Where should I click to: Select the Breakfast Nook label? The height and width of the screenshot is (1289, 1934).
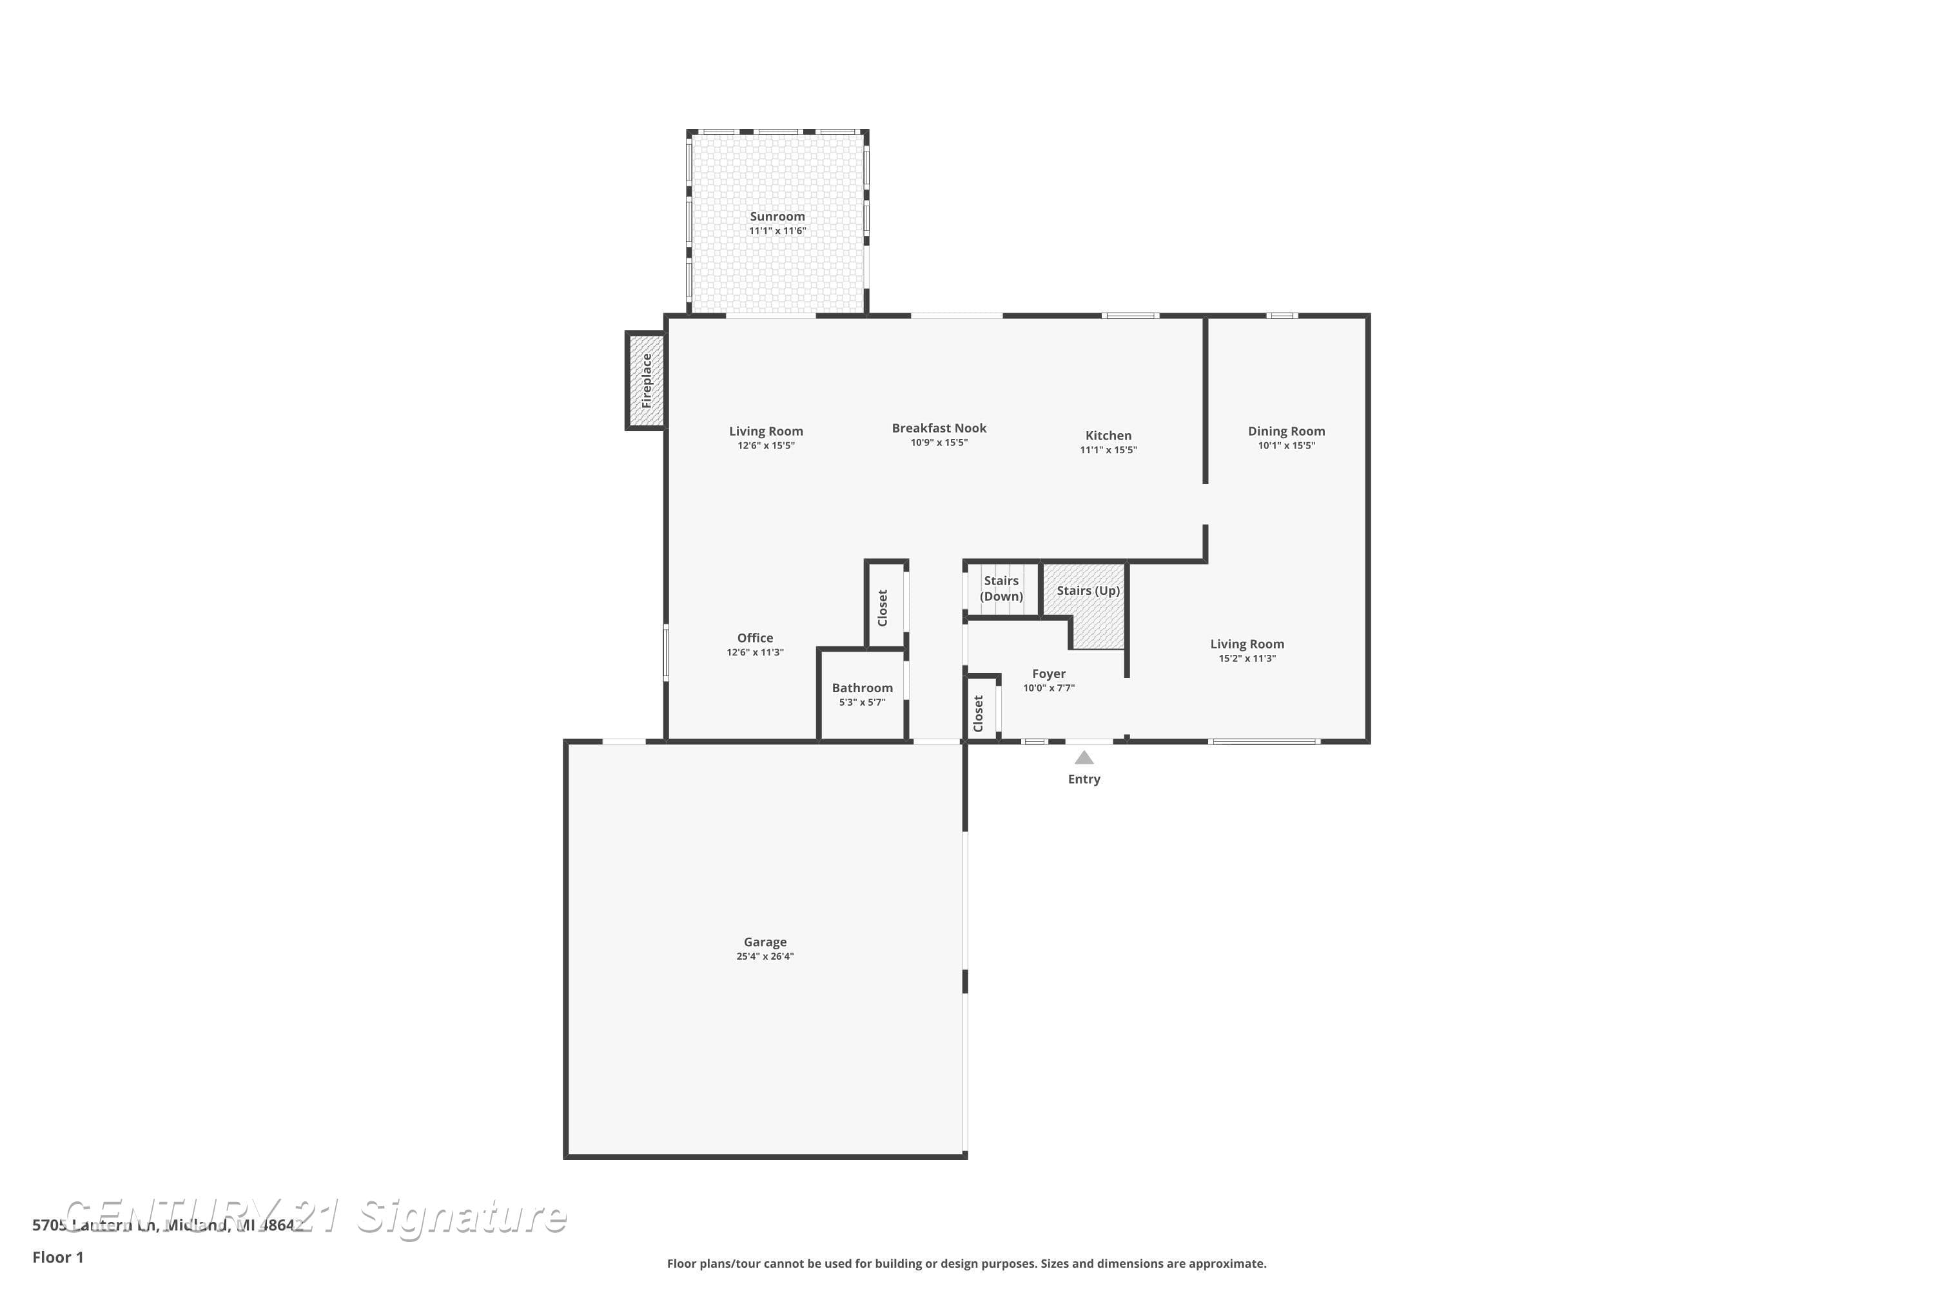(x=939, y=429)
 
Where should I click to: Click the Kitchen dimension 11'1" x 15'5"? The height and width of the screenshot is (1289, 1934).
(x=1108, y=450)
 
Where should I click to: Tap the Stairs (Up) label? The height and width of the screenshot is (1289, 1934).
(x=1088, y=591)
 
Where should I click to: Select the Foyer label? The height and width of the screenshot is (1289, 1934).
(x=1048, y=674)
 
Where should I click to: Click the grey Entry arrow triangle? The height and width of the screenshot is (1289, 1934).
(x=1084, y=758)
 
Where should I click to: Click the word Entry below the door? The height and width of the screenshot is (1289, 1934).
(x=1084, y=779)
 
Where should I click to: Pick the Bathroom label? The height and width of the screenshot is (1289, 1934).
(x=862, y=688)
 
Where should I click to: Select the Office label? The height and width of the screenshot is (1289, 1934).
(x=755, y=638)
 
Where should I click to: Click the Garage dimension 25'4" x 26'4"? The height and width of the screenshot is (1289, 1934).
(x=765, y=956)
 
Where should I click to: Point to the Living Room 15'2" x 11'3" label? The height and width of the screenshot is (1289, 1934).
(x=1247, y=644)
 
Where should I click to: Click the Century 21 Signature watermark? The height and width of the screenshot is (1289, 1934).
(x=317, y=1217)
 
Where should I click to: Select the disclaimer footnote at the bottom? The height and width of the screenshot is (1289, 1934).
(x=966, y=1263)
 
